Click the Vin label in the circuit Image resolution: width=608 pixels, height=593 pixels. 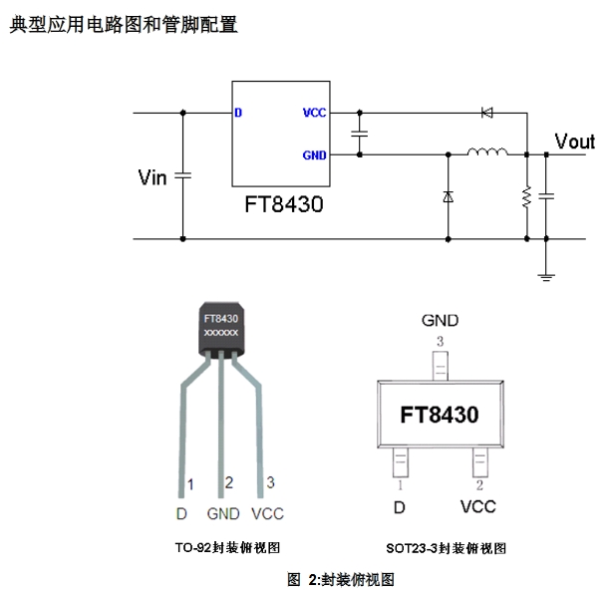[152, 177]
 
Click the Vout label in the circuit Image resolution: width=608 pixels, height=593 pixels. [574, 143]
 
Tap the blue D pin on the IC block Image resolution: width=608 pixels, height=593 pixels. [238, 113]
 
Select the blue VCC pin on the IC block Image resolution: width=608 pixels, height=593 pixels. [314, 113]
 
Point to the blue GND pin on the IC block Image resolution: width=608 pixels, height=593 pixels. [314, 154]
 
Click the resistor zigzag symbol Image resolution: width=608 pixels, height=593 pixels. [525, 196]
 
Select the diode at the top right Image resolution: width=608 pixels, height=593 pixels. [487, 113]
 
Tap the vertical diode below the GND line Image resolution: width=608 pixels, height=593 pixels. [449, 197]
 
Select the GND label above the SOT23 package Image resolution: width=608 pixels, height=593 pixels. [440, 321]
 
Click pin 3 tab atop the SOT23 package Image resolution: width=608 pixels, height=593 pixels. [440, 367]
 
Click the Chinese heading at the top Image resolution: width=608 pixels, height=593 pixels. [124, 25]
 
